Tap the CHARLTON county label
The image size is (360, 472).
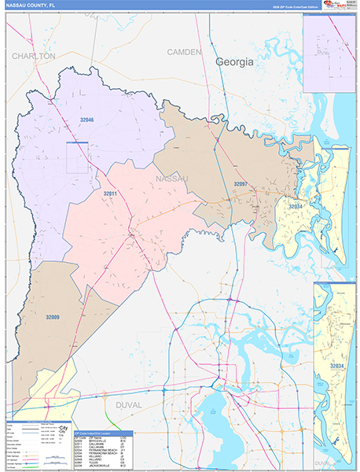click(33, 57)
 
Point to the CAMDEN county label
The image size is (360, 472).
click(185, 51)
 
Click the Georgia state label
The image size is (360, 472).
click(235, 61)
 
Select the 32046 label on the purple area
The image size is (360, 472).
click(86, 120)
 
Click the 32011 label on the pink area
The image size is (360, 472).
click(110, 193)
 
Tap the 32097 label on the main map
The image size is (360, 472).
click(241, 183)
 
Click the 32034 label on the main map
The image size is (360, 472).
click(296, 205)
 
